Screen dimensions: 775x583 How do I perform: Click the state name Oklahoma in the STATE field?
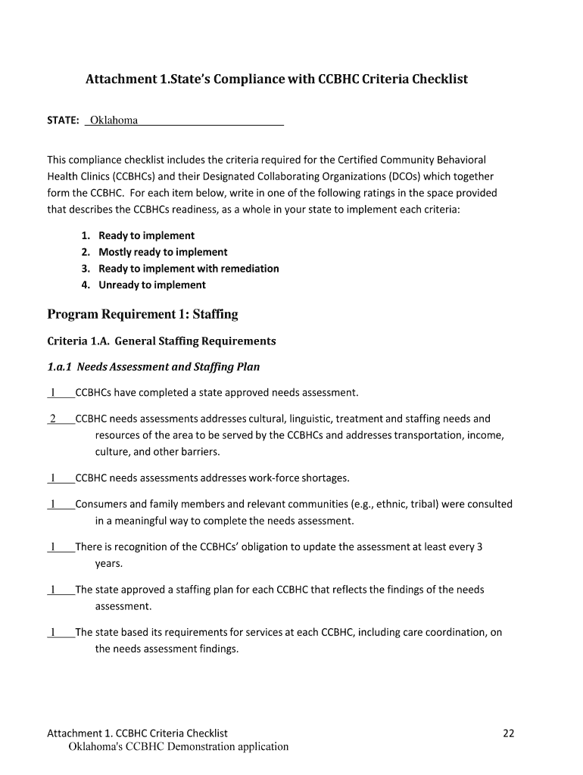[114, 120]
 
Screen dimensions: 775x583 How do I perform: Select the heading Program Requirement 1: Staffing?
[142, 314]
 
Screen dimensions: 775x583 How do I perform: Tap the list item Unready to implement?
[151, 285]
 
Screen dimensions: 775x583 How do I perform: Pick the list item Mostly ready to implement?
[163, 252]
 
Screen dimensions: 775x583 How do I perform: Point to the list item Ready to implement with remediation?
[189, 269]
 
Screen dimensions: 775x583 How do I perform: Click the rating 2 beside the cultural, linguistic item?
[53, 419]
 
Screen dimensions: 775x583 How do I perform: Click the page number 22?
[509, 733]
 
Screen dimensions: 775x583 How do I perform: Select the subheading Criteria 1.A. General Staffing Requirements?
[161, 341]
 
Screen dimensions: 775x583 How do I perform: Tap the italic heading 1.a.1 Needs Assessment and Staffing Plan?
[153, 367]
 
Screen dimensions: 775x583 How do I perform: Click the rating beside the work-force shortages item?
[53, 478]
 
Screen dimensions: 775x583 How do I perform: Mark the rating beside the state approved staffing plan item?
[53, 590]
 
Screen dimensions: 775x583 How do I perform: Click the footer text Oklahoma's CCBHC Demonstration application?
[179, 747]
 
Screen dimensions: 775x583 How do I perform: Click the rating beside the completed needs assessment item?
[53, 393]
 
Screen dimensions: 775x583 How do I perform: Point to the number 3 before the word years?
[479, 547]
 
